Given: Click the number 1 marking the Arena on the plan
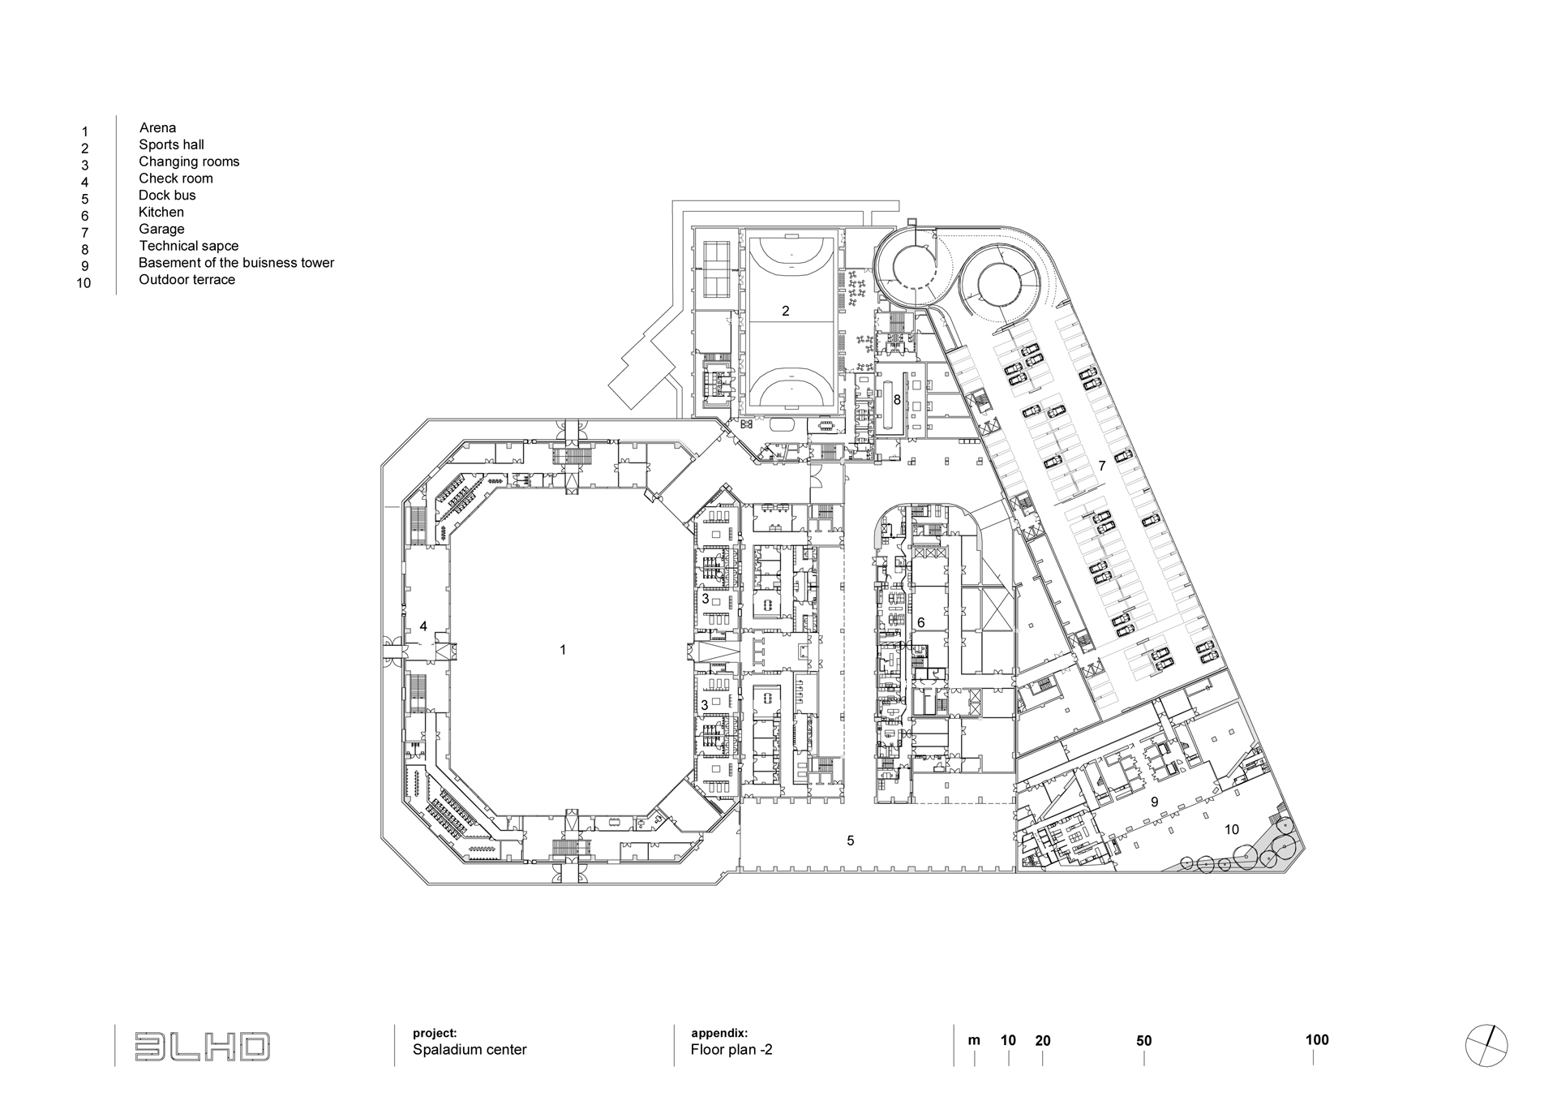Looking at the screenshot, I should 563,650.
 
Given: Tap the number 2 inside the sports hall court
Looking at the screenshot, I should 785,311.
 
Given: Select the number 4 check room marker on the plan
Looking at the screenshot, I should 423,626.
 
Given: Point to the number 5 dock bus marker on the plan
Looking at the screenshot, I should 851,841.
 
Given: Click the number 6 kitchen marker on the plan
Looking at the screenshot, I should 920,622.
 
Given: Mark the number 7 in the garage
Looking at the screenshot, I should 1102,466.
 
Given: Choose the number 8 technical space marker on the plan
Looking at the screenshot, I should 897,400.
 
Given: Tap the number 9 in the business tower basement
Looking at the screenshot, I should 1154,802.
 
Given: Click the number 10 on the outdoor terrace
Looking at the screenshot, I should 1232,829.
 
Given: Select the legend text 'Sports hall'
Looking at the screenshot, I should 171,144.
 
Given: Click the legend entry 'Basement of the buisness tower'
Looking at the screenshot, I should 236,263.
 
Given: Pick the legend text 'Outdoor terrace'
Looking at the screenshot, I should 187,280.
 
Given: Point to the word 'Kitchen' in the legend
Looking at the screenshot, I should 161,212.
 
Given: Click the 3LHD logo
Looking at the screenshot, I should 202,1047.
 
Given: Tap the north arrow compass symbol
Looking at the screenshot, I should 1486,1046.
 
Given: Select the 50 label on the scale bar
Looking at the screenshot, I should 1143,1041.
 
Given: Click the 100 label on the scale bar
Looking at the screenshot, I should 1317,1040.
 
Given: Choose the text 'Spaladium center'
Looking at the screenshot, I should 470,1050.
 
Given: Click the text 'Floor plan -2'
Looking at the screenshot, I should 731,1050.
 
